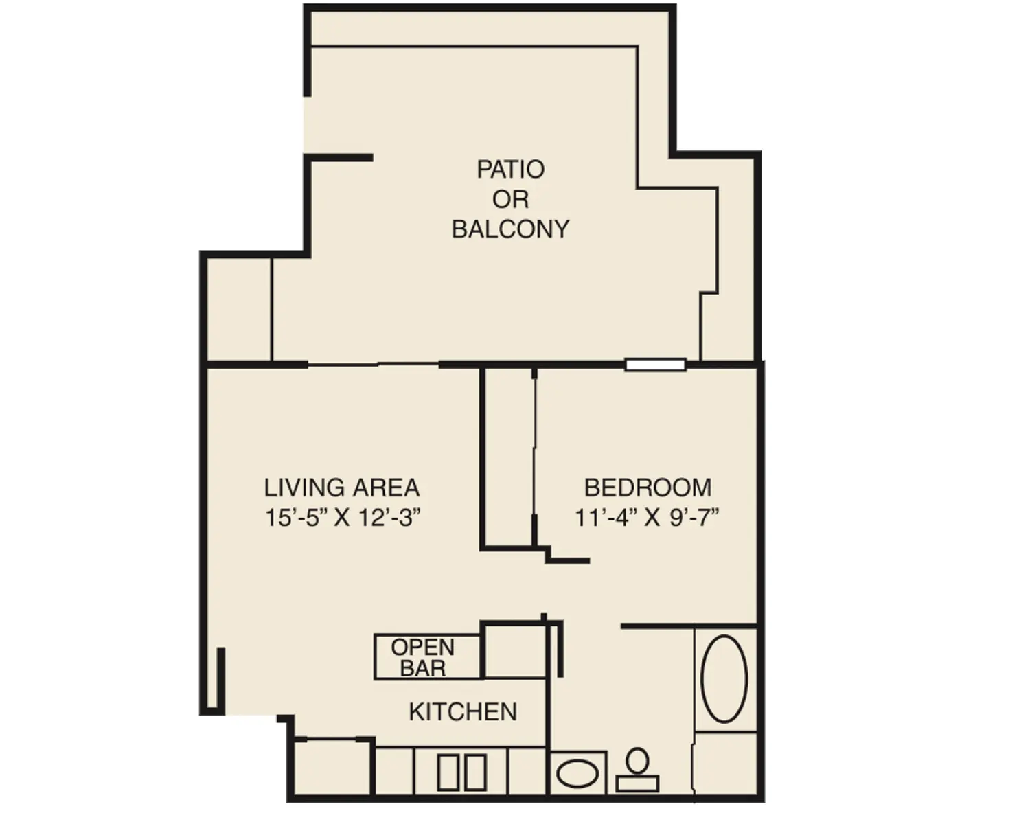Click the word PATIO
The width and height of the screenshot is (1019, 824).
510,169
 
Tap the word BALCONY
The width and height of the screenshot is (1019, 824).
510,229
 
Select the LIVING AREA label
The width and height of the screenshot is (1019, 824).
341,488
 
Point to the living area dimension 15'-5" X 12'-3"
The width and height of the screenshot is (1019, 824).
342,517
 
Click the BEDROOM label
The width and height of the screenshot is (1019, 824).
648,488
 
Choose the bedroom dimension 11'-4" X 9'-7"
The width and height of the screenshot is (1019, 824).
647,517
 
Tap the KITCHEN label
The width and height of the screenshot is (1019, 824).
462,712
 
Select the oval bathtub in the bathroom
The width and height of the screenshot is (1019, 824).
724,678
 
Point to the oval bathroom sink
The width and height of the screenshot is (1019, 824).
577,774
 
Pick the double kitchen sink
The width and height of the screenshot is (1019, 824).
461,772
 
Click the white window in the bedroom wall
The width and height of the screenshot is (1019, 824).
655,365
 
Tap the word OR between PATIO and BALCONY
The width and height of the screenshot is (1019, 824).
510,199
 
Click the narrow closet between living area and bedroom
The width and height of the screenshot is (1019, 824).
509,457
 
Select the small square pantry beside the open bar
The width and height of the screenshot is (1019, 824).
515,650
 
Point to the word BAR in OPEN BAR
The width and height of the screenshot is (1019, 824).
422,668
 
